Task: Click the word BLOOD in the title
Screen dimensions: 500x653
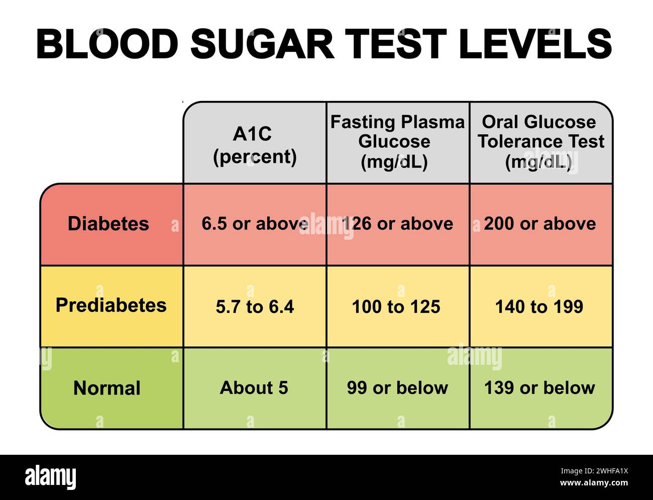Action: pyautogui.click(x=107, y=44)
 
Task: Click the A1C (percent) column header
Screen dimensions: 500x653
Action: pyautogui.click(x=255, y=145)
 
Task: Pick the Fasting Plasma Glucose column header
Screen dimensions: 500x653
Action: pyautogui.click(x=397, y=142)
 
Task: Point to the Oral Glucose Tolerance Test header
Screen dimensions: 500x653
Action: pyautogui.click(x=540, y=142)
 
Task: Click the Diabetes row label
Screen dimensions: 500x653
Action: pyautogui.click(x=108, y=224)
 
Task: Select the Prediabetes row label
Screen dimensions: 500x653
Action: pyautogui.click(x=111, y=306)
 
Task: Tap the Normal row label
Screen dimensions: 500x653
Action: pyautogui.click(x=107, y=388)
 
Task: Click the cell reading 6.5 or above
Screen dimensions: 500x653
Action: pyautogui.click(x=255, y=224)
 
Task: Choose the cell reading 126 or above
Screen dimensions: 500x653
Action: pyautogui.click(x=397, y=224)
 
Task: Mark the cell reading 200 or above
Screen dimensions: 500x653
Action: pyautogui.click(x=540, y=224)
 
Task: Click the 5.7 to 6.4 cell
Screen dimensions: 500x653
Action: pyautogui.click(x=255, y=307)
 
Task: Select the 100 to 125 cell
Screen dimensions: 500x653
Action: pyautogui.click(x=396, y=307)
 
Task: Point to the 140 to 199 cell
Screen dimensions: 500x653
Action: pyautogui.click(x=539, y=307)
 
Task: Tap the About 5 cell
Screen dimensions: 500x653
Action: pyautogui.click(x=254, y=388)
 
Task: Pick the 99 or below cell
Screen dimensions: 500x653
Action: pyautogui.click(x=397, y=388)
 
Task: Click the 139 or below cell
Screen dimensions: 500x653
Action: pyautogui.click(x=539, y=388)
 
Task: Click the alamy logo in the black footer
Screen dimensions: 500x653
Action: pyautogui.click(x=51, y=477)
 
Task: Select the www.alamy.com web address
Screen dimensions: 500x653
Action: pyautogui.click(x=594, y=483)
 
